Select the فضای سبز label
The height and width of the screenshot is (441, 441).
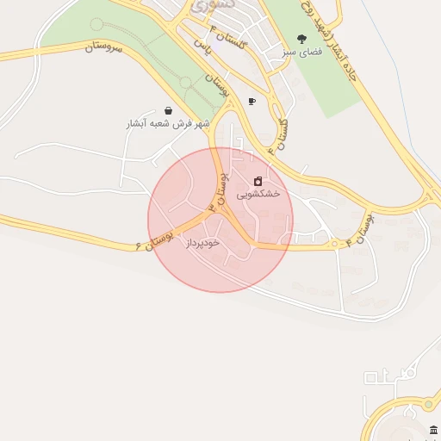301,53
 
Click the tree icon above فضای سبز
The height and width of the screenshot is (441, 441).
301,38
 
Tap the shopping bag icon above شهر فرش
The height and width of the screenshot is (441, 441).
166,110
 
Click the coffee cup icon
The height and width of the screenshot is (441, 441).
252,101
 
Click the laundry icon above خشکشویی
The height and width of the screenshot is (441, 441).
258,181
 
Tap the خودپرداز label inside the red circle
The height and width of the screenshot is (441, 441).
202,243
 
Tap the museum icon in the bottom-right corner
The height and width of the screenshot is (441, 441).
432,430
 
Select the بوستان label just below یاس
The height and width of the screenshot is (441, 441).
217,85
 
